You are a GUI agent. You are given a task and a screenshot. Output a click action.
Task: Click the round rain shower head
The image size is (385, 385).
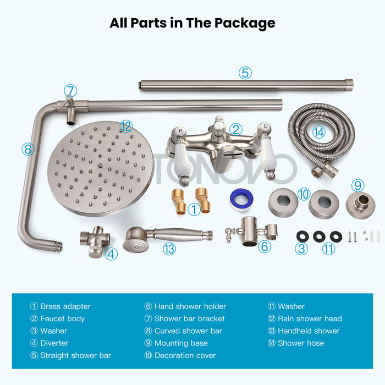coord(100,168)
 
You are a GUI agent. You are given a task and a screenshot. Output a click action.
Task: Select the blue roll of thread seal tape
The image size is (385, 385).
coord(241,200)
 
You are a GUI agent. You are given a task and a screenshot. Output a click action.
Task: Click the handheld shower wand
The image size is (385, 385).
coord(167,238)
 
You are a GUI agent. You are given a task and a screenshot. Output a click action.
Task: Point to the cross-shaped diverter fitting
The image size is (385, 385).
coord(95,241)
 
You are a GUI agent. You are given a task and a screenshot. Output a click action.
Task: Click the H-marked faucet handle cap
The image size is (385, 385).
coord(180,131)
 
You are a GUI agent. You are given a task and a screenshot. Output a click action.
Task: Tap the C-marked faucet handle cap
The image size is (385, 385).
coord(265,127)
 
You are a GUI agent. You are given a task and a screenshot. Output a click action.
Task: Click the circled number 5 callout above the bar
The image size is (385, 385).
coord(245,73)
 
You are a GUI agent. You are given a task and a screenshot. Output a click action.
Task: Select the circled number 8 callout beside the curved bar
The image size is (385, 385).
coord(28,149)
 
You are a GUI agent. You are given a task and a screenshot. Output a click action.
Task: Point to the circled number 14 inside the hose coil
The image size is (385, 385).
coord(318,132)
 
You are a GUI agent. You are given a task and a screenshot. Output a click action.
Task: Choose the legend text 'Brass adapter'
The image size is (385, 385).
coord(65,306)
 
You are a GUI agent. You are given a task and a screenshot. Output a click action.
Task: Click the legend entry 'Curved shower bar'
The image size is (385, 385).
coord(188,331)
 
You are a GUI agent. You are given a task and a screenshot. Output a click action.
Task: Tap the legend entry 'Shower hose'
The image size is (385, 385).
coord(301,343)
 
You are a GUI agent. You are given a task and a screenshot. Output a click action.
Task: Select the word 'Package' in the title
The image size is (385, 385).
coord(245,23)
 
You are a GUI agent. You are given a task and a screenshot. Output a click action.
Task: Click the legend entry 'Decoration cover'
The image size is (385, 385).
coord(185,355)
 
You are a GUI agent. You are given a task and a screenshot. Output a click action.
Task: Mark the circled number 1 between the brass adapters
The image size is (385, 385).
coord(194,210)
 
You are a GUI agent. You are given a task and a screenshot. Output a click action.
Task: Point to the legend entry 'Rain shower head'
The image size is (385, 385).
coord(310,318)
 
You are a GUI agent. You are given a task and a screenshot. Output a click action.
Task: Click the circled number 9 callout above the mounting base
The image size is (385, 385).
coord(358,185)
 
